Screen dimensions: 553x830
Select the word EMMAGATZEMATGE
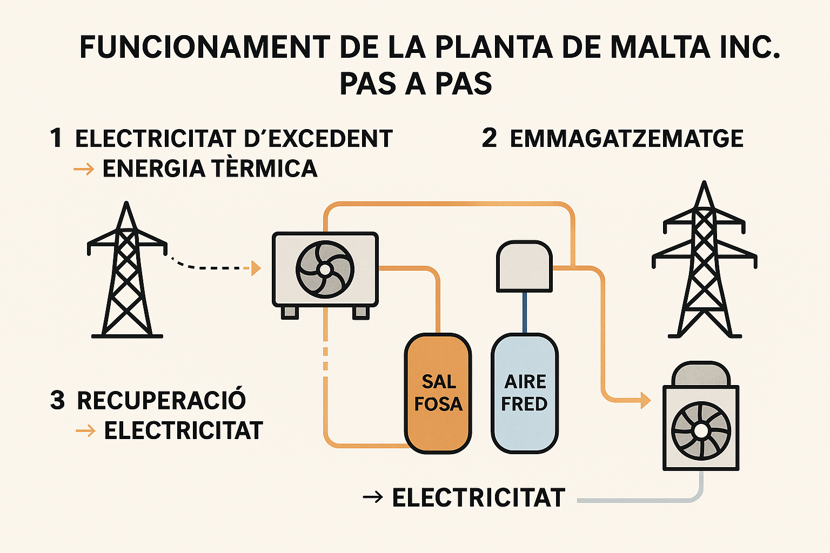click(626, 139)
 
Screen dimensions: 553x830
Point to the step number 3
click(57, 401)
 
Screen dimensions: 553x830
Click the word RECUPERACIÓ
click(161, 401)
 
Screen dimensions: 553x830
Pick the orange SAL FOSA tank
click(438, 393)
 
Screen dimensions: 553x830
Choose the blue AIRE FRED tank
click(524, 393)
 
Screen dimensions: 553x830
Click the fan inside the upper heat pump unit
click(325, 269)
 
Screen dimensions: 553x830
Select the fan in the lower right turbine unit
click(701, 431)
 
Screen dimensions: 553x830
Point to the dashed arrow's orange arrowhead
click(256, 268)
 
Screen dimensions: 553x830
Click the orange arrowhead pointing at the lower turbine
click(645, 400)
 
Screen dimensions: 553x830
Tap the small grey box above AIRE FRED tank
click(524, 267)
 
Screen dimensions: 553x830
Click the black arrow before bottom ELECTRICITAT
click(373, 497)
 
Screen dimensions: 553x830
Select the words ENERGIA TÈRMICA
click(210, 169)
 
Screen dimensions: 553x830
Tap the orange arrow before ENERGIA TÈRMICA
click(84, 170)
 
